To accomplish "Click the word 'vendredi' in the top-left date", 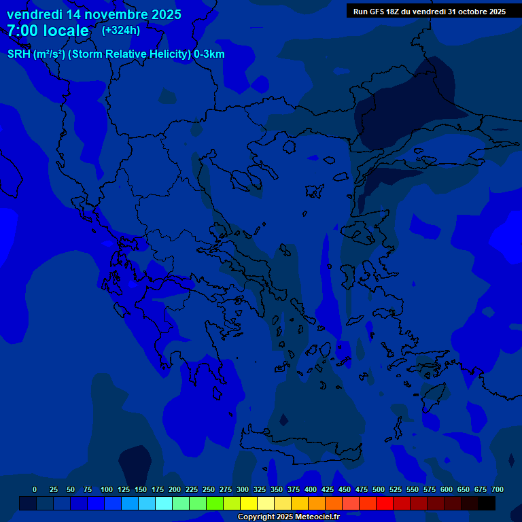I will click(x=33, y=14).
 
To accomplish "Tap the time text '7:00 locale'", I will click(x=48, y=31).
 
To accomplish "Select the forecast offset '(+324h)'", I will click(x=121, y=30).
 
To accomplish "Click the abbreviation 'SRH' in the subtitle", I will click(x=19, y=54).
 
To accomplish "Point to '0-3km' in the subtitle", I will click(x=209, y=54).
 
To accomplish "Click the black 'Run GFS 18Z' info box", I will click(x=429, y=12).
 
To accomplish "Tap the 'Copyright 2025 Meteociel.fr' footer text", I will click(x=288, y=517).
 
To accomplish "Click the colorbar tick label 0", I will click(x=35, y=489).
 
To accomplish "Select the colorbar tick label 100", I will click(x=107, y=489).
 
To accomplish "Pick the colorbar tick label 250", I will click(x=209, y=489).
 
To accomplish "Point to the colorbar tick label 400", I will click(x=311, y=489).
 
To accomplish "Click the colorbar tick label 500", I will click(x=379, y=489).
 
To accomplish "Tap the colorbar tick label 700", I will click(x=498, y=489).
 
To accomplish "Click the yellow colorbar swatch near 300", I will click(x=249, y=503).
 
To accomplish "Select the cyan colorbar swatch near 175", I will click(x=164, y=503).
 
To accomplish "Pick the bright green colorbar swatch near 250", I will click(x=215, y=503).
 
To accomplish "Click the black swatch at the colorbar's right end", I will click(x=487, y=503).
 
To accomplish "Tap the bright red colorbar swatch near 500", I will click(x=385, y=503).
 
